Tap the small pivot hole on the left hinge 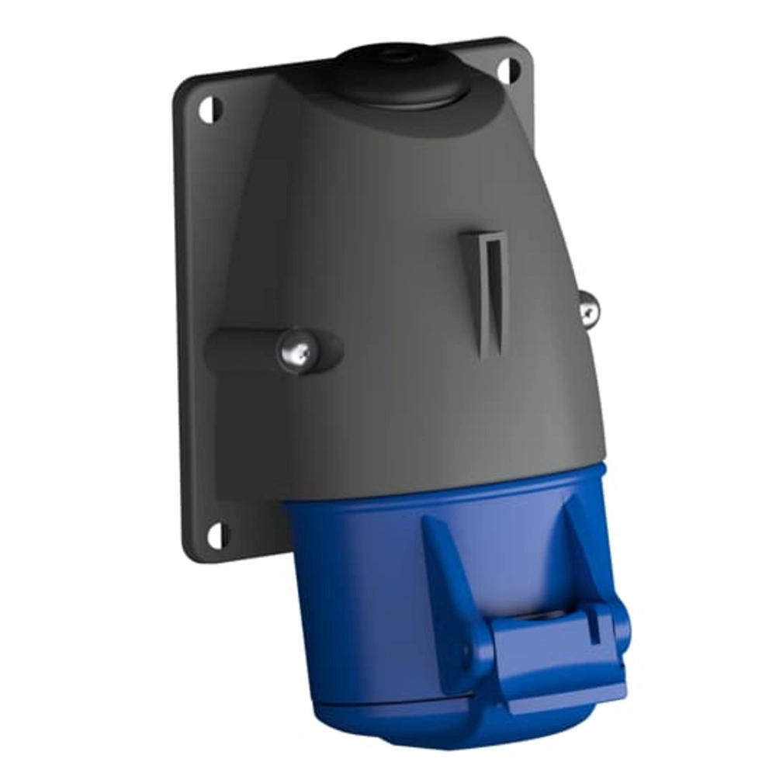coord(469,652)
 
